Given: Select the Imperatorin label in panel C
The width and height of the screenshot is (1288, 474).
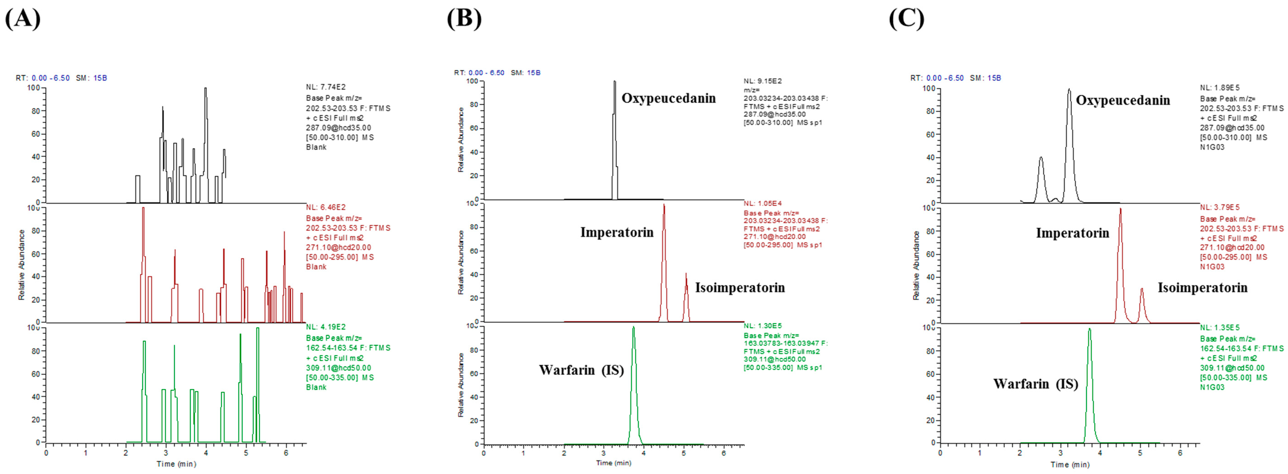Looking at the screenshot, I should coord(1072,233).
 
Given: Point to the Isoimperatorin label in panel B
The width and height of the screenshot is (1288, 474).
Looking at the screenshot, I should coord(740,287).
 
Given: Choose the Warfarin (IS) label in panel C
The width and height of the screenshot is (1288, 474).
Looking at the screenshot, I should coord(1035,384).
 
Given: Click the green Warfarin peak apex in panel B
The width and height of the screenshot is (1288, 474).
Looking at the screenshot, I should coord(634,328).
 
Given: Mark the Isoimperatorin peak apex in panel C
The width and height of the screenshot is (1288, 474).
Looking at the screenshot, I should coord(1142,288).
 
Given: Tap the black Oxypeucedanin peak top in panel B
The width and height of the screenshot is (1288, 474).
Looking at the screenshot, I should coord(614,81).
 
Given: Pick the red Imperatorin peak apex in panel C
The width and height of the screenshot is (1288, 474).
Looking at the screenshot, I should coord(1121,209).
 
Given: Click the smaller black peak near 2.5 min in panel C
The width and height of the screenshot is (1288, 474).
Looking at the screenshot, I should coord(1041,158).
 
